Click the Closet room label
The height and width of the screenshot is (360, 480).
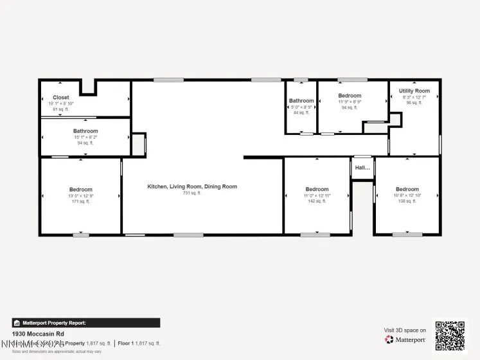61,98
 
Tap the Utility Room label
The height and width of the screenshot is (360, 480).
414,91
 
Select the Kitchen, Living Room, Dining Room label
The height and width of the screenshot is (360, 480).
192,186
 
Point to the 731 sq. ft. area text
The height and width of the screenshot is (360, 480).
192,193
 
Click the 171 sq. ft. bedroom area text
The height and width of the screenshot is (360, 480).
81,201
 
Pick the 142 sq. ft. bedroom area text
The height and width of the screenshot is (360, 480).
317,201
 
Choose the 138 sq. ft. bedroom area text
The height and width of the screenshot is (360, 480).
407,201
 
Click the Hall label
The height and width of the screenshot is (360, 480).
362,168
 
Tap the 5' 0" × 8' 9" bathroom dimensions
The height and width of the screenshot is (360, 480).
301,107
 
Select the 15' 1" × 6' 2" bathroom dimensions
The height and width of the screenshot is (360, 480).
85,137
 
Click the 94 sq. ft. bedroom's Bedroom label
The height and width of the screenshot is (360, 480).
350,96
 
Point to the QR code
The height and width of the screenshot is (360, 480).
450,335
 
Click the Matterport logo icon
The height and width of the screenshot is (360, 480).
389,339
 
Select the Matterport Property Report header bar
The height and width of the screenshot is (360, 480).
86,323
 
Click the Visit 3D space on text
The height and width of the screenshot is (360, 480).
405,330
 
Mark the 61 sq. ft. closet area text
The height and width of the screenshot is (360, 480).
61,110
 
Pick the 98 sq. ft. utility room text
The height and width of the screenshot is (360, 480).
414,103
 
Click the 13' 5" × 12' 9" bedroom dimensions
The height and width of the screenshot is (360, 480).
81,195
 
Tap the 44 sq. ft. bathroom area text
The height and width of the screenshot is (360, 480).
301,113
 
